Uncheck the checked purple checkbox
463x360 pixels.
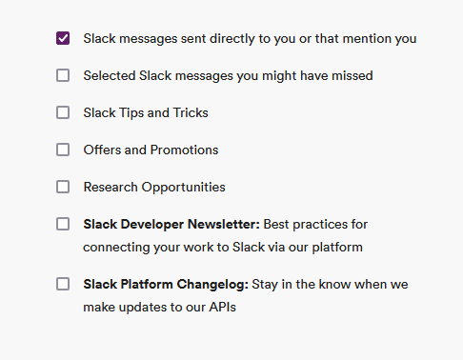pos(63,38)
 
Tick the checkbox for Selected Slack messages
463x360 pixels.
pos(63,75)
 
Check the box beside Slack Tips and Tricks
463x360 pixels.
pos(63,112)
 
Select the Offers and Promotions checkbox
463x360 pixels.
pos(63,150)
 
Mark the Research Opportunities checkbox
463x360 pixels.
pos(63,187)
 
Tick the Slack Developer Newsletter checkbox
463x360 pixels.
pos(63,224)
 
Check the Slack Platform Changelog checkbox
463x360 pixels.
pos(63,284)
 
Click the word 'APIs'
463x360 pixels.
pos(222,308)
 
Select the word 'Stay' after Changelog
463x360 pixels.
pos(268,284)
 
